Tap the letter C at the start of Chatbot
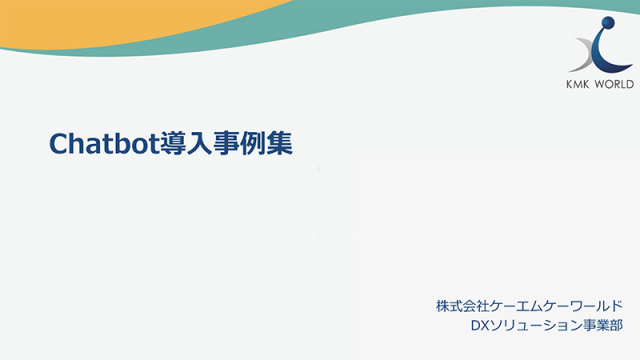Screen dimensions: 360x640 click(59, 144)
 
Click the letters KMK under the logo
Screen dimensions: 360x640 click(583, 84)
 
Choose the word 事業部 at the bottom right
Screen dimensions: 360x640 click(603, 325)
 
